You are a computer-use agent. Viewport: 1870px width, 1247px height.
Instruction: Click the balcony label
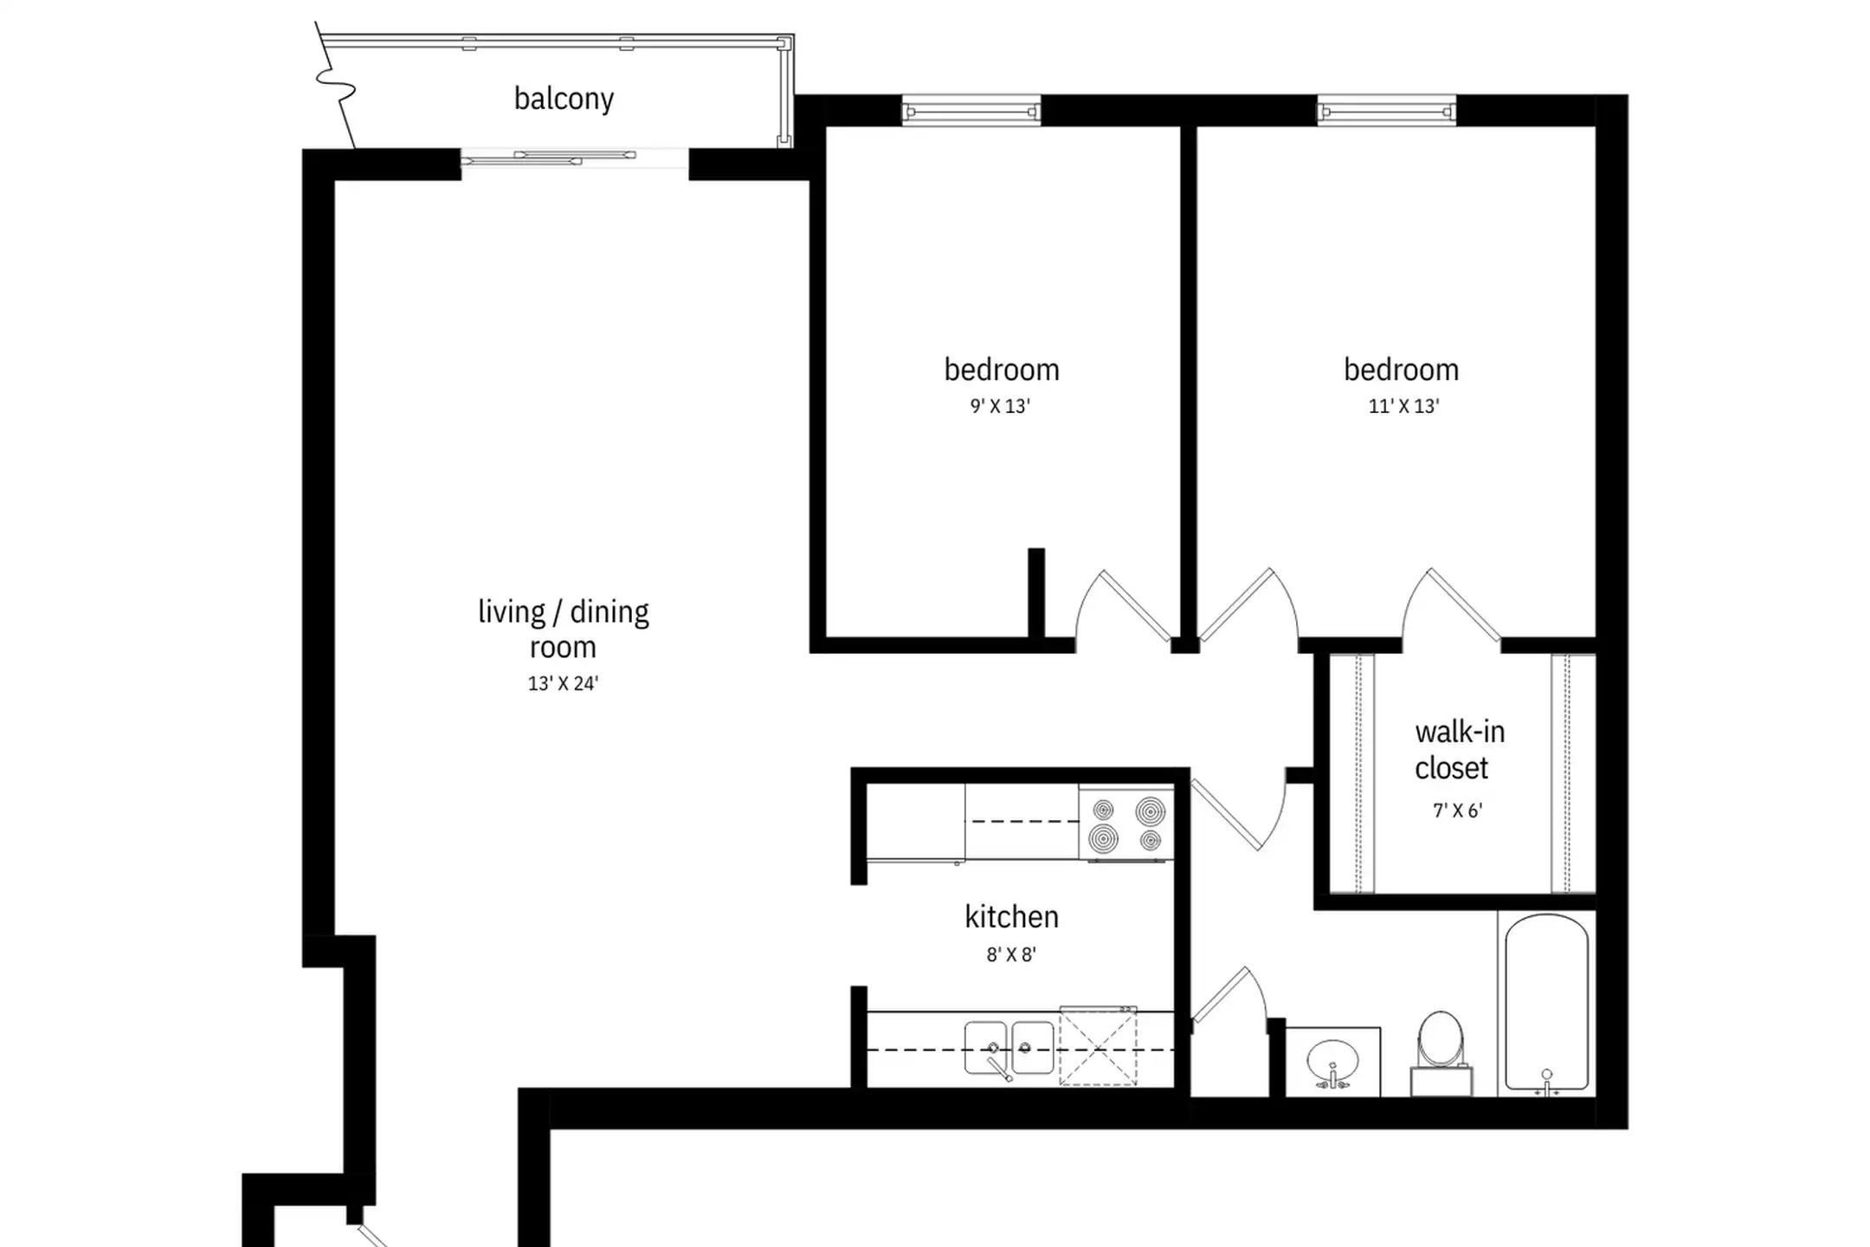pos(564,99)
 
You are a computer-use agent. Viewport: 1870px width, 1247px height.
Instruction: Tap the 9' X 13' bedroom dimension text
pos(1000,406)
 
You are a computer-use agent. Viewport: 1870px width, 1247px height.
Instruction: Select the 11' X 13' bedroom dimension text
pos(1403,406)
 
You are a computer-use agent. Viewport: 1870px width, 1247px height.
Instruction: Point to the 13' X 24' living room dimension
pos(563,683)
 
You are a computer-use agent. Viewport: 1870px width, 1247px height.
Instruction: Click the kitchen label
pos(1011,916)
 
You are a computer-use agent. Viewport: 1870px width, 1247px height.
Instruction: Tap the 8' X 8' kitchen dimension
pos(1011,954)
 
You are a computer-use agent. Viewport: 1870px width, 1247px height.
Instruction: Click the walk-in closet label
pos(1460,750)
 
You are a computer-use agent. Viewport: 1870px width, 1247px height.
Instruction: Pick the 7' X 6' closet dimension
pos(1458,811)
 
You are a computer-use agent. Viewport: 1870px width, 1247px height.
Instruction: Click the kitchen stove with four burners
pos(1126,824)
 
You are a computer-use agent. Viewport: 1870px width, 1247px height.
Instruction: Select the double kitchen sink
pos(1009,1048)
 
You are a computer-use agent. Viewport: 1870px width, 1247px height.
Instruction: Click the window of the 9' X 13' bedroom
pos(970,112)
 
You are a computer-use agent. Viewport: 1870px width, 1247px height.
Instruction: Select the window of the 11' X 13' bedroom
pos(1386,112)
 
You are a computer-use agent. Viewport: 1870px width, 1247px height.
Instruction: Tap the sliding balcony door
pos(574,158)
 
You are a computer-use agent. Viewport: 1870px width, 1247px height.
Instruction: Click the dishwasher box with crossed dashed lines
pos(1098,1046)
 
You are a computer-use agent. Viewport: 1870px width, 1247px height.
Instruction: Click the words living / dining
pos(563,612)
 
